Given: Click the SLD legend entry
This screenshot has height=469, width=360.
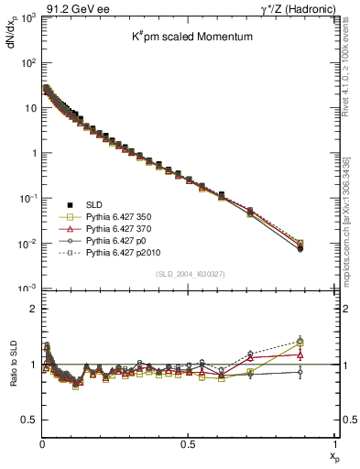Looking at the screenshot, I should click(x=88, y=203).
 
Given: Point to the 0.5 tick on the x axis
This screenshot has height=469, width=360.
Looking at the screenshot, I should click(x=188, y=443).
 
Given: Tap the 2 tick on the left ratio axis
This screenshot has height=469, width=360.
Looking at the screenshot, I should click(x=32, y=310).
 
